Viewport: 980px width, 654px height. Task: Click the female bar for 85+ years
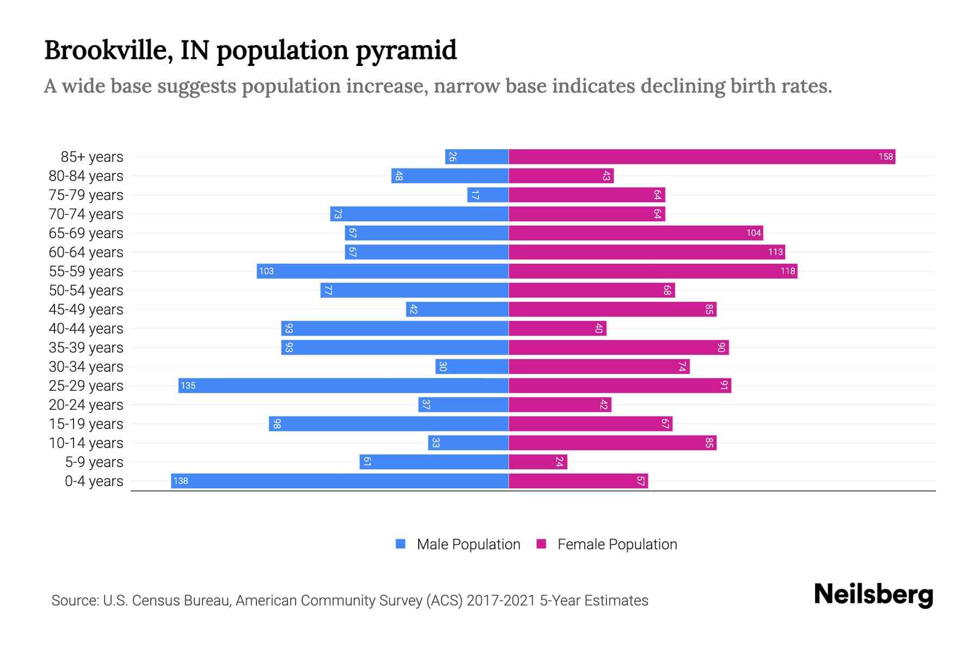pos(702,157)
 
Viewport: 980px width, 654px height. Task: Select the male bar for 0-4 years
pos(340,481)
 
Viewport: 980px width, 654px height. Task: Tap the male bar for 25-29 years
pos(344,386)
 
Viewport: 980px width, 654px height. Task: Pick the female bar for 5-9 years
pos(538,462)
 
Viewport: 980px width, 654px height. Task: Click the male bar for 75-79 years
pos(488,195)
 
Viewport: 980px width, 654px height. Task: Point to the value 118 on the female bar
pos(787,271)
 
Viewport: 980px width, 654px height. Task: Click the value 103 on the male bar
pos(266,271)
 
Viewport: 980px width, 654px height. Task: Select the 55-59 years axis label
pos(86,271)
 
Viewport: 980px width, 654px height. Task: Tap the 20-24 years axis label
pos(86,405)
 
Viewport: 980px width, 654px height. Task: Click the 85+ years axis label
pos(92,157)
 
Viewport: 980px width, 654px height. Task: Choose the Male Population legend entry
pos(468,544)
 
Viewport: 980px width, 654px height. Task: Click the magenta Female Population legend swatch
pos(541,544)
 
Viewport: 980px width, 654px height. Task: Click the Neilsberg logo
pos(873,595)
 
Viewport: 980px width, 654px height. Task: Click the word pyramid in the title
pos(406,51)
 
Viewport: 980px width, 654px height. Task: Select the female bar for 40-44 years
pos(558,329)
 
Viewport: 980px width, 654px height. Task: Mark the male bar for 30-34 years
pos(472,367)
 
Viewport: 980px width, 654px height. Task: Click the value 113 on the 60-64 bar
pos(775,252)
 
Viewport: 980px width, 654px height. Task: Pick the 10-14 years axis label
pos(86,443)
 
